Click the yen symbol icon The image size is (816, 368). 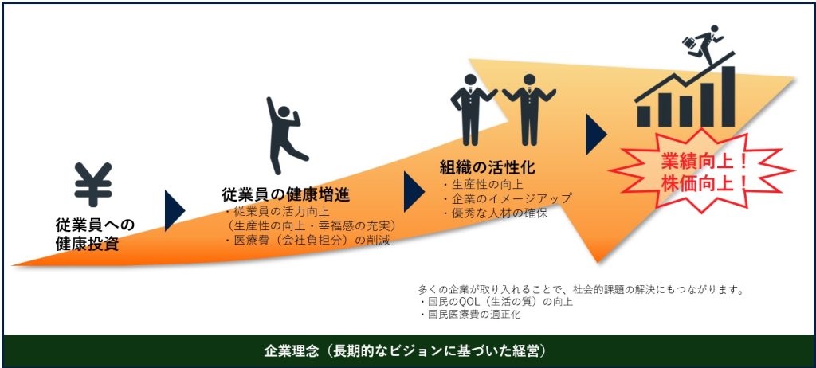point(93,184)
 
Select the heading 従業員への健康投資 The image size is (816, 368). point(95,234)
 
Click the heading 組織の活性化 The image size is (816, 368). point(486,167)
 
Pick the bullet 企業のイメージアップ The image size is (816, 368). point(505,198)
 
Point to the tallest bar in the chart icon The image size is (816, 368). point(727,96)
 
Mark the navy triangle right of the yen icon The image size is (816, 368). point(173,210)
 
